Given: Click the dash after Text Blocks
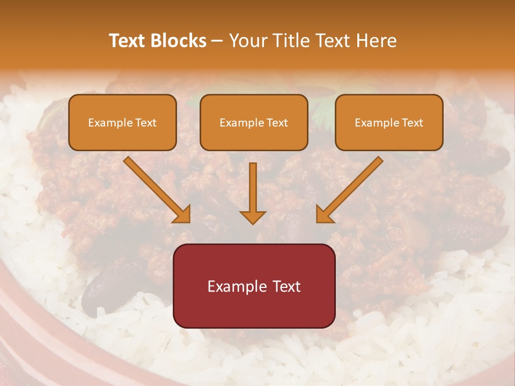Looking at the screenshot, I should click(x=218, y=41).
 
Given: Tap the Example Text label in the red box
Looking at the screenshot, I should click(x=254, y=286).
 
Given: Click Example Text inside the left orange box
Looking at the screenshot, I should click(x=122, y=123).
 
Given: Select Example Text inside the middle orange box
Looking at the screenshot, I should click(x=254, y=123).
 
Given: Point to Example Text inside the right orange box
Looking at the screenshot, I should click(x=389, y=123).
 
